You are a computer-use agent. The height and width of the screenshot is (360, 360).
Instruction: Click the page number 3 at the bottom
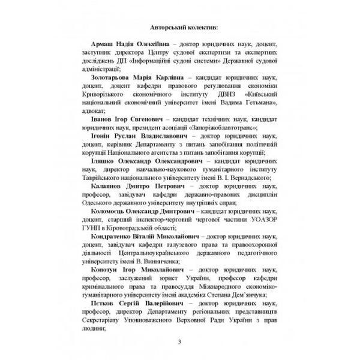[179, 342]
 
